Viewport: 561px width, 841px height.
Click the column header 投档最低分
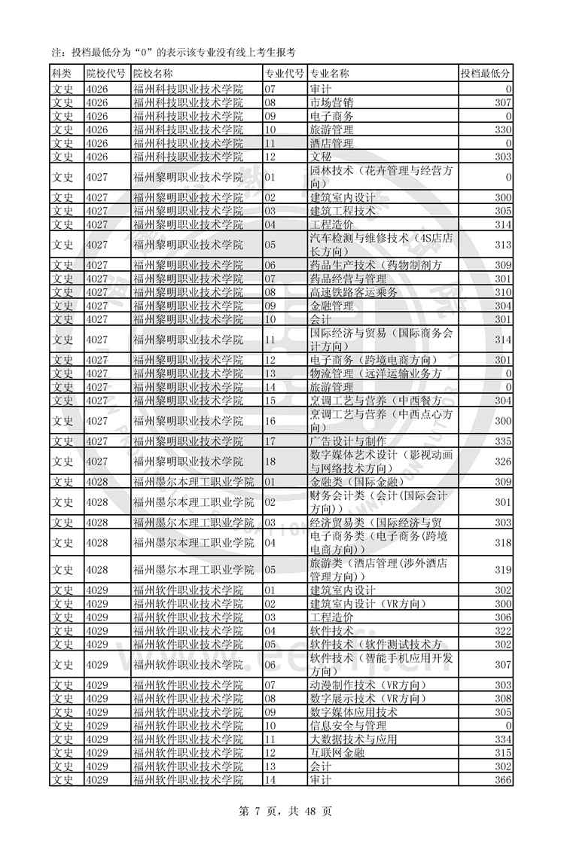coord(486,74)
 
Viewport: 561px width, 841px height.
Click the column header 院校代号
coord(106,74)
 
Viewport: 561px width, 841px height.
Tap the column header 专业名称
coord(330,74)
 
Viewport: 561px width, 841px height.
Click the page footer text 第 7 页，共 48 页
coord(280,812)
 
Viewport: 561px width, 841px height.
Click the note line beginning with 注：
coord(173,52)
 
